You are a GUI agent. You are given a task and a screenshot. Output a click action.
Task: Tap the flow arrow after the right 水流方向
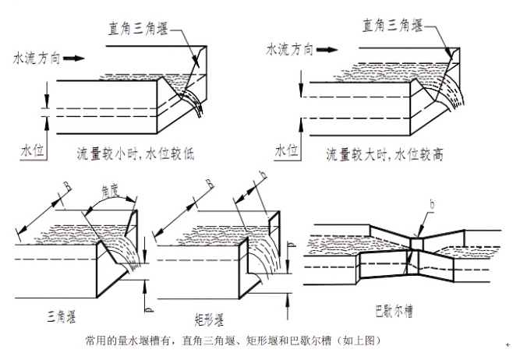(328, 49)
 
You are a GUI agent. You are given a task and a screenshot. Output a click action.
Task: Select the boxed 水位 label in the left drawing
(32, 150)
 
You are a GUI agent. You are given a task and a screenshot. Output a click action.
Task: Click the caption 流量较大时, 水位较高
(385, 154)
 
